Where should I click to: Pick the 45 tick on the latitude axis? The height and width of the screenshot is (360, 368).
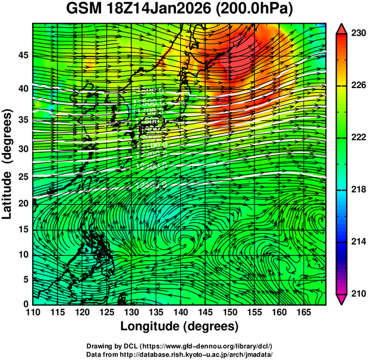click(x=23, y=55)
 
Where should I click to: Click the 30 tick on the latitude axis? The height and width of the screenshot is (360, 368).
click(x=23, y=149)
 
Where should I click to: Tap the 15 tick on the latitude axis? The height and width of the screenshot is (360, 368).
click(x=23, y=229)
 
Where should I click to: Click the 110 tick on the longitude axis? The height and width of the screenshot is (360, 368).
click(x=33, y=312)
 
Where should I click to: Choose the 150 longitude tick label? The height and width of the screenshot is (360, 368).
click(x=229, y=312)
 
